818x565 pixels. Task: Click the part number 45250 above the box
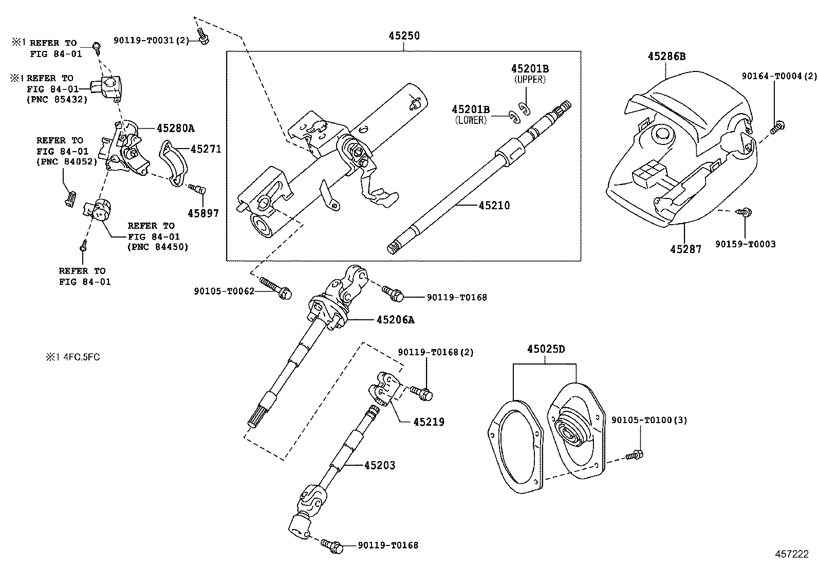click(403, 36)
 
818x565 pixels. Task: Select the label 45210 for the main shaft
click(494, 206)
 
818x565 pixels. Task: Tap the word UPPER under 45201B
click(529, 80)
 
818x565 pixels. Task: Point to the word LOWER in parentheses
click(470, 120)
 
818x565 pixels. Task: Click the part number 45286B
click(666, 57)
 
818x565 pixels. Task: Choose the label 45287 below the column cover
click(685, 249)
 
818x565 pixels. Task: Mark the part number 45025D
click(545, 350)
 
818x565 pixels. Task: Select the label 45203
click(380, 465)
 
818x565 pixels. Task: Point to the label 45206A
click(395, 320)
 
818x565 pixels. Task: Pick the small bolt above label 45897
click(197, 189)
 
